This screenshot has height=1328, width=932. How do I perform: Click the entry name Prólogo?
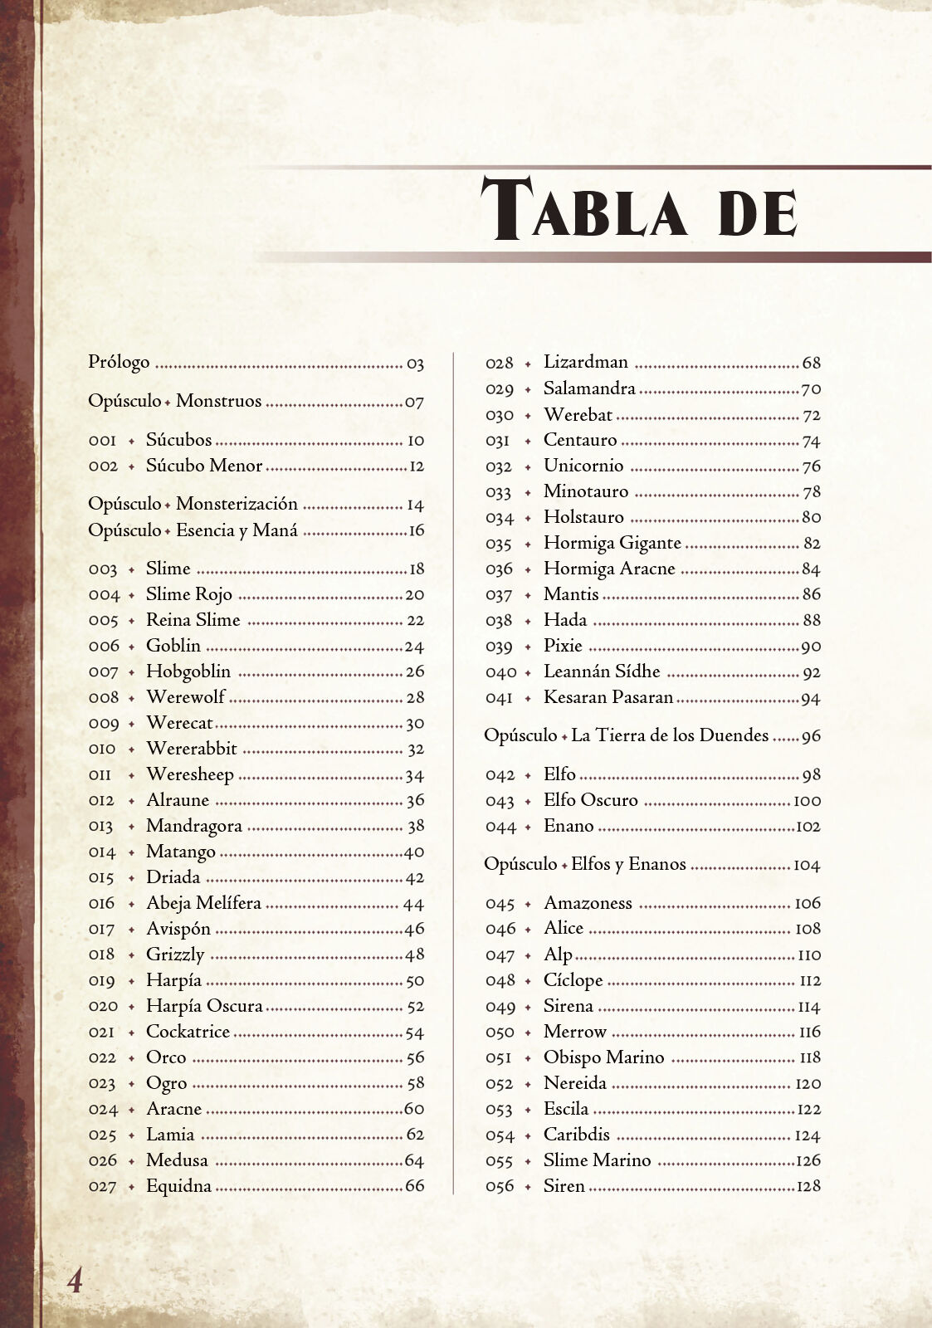coord(119,363)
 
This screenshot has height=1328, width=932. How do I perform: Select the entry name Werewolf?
coord(185,697)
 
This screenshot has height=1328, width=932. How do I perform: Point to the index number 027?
coord(103,1187)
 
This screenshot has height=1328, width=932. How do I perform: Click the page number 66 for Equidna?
coord(414,1186)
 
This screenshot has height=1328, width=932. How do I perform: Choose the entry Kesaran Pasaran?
coord(608,697)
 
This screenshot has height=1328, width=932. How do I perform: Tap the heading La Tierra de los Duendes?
coord(670,735)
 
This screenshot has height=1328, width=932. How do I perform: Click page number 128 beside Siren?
coord(808,1186)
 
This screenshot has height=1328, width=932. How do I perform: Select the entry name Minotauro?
coord(585,491)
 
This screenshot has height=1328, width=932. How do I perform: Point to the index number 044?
coord(500,827)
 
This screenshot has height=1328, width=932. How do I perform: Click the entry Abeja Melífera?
coord(203,903)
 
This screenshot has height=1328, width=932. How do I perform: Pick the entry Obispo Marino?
coord(603,1057)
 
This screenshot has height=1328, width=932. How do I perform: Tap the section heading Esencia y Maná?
coord(237,530)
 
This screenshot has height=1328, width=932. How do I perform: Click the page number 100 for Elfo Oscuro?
coord(807,801)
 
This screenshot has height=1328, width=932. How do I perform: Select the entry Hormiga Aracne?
coord(608,569)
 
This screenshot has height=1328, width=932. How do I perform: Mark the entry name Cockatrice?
coord(188,1032)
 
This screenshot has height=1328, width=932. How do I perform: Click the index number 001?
coord(103,441)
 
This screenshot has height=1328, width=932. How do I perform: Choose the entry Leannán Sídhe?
coord(602,671)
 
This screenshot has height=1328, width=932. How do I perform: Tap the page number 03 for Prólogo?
coord(415,364)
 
